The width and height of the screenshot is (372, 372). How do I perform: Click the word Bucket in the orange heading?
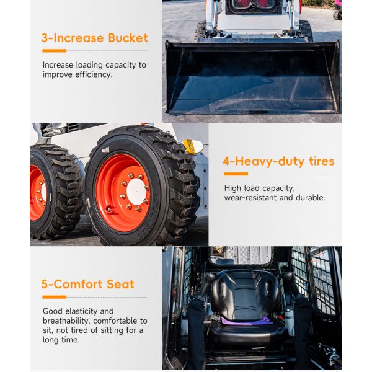pos(128,38)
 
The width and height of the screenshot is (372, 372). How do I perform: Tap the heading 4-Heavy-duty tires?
pos(278,161)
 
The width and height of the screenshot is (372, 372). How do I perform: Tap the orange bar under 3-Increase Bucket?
pos(55,51)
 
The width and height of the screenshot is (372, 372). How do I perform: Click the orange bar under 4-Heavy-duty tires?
pos(236,174)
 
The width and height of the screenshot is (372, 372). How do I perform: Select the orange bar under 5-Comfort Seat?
pos(55,297)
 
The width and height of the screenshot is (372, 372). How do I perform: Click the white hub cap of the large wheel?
pos(136,192)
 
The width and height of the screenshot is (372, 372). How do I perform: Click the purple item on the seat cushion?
pos(246,321)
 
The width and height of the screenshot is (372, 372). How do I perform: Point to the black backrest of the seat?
pos(246,294)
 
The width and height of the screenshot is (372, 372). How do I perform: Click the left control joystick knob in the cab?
pos(210,278)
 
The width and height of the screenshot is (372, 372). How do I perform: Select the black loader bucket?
pos(253,77)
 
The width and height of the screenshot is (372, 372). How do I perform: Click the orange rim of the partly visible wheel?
pos(37,193)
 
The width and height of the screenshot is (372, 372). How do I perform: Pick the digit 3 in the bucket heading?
pos(45,38)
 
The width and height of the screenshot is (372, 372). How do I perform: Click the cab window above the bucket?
pos(254,7)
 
